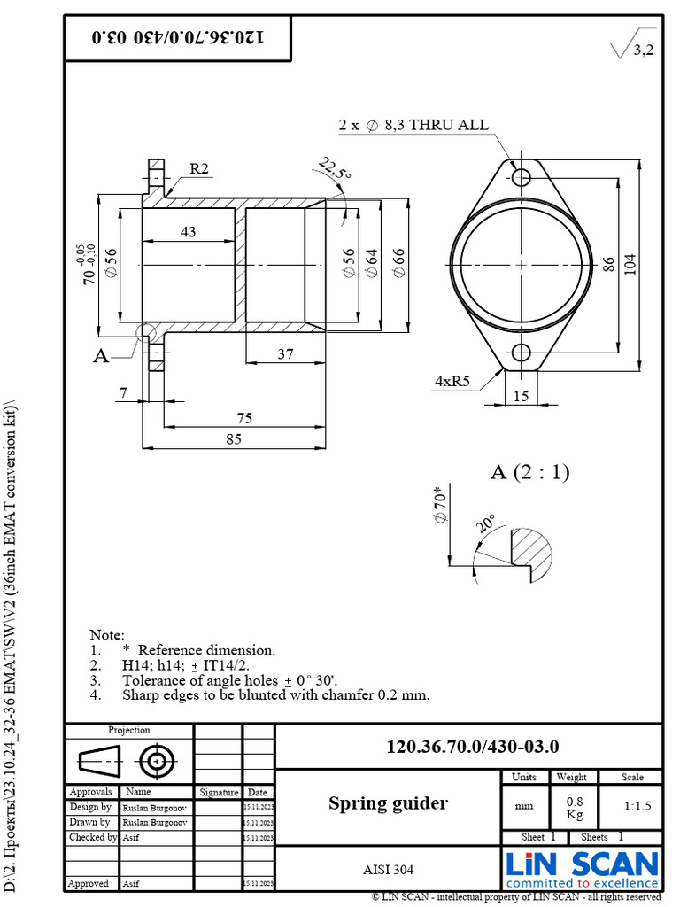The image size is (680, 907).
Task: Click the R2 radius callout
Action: pyautogui.click(x=198, y=169)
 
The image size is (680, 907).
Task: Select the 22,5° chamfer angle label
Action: pyautogui.click(x=335, y=169)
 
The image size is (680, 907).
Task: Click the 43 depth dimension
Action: pyautogui.click(x=188, y=232)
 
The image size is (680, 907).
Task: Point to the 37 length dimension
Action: pyautogui.click(x=285, y=354)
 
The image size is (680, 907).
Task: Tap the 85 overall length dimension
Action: pyautogui.click(x=233, y=440)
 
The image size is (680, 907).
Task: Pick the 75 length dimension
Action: pyautogui.click(x=244, y=418)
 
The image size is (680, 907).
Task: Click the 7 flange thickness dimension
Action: pyautogui.click(x=124, y=392)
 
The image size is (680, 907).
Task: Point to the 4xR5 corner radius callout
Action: pyautogui.click(x=452, y=381)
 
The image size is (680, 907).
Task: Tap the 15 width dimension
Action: pyautogui.click(x=521, y=396)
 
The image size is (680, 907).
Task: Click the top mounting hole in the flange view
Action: pyautogui.click(x=522, y=177)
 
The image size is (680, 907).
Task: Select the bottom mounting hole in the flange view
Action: pyautogui.click(x=522, y=353)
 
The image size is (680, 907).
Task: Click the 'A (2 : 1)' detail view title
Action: pyautogui.click(x=529, y=473)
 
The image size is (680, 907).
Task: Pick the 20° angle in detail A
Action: pyautogui.click(x=485, y=523)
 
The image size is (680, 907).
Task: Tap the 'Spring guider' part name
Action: pyautogui.click(x=388, y=803)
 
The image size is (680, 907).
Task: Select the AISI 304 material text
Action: pyautogui.click(x=388, y=870)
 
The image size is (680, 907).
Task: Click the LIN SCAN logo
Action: pyautogui.click(x=582, y=868)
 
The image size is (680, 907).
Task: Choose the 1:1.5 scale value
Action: pyautogui.click(x=632, y=807)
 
